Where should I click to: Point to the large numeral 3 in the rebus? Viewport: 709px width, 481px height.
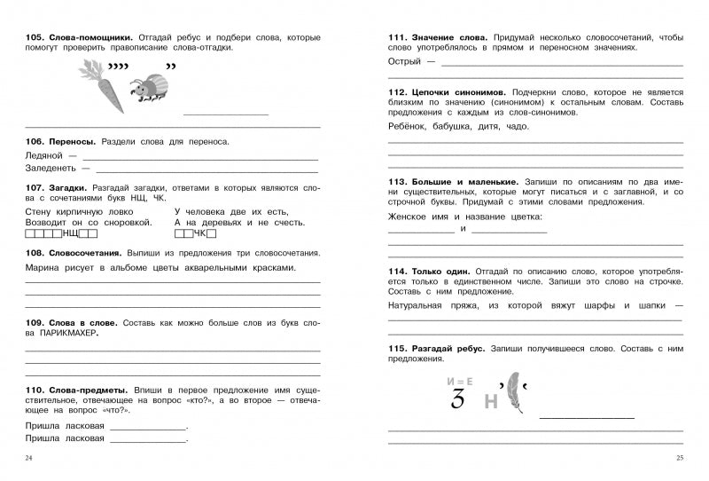(457, 398)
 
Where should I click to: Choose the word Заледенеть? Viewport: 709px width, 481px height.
(53, 167)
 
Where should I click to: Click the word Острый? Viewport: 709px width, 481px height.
(406, 61)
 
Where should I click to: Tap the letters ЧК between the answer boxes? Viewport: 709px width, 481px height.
(200, 233)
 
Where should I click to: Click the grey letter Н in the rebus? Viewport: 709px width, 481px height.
(490, 402)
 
